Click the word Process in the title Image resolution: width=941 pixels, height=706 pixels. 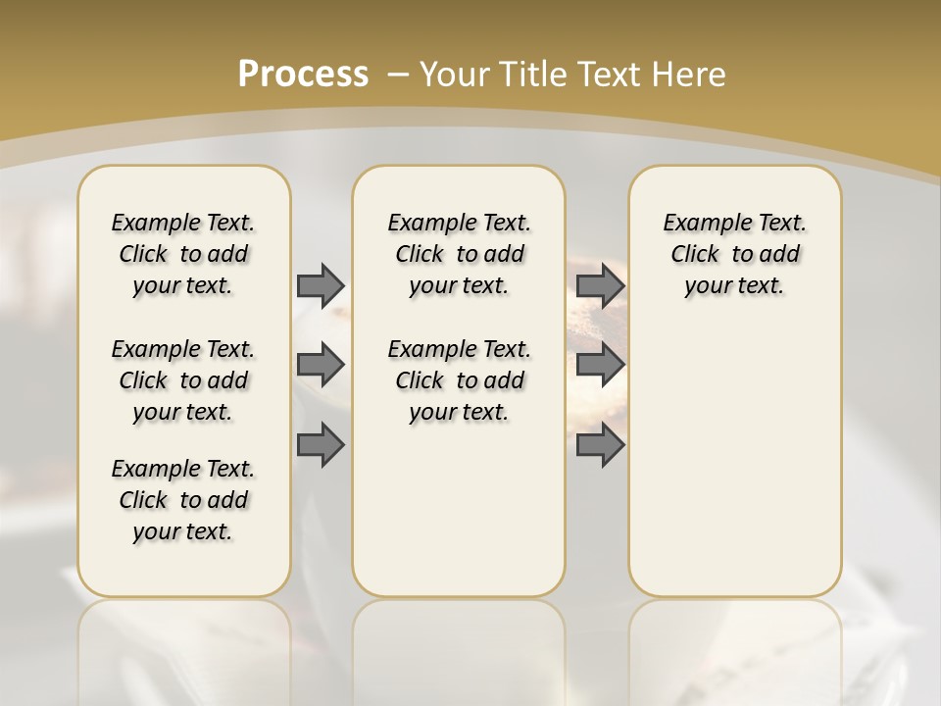303,74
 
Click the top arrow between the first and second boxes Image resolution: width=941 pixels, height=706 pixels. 321,285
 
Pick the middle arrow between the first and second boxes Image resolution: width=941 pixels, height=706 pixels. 321,365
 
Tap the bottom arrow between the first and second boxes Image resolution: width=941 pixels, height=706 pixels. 321,444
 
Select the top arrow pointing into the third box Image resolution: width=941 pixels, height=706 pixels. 600,285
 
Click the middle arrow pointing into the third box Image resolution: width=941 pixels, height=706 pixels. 600,365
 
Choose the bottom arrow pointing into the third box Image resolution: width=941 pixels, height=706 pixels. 600,444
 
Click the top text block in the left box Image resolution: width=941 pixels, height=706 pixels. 183,254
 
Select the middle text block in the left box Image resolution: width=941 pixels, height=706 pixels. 183,380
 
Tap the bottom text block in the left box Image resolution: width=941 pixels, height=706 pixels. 183,500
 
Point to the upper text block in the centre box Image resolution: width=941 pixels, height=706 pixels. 459,254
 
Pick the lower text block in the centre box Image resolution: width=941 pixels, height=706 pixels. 459,380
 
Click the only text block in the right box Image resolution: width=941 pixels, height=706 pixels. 734,254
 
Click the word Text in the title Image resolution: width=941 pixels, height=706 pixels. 612,74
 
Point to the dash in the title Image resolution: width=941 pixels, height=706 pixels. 398,74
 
